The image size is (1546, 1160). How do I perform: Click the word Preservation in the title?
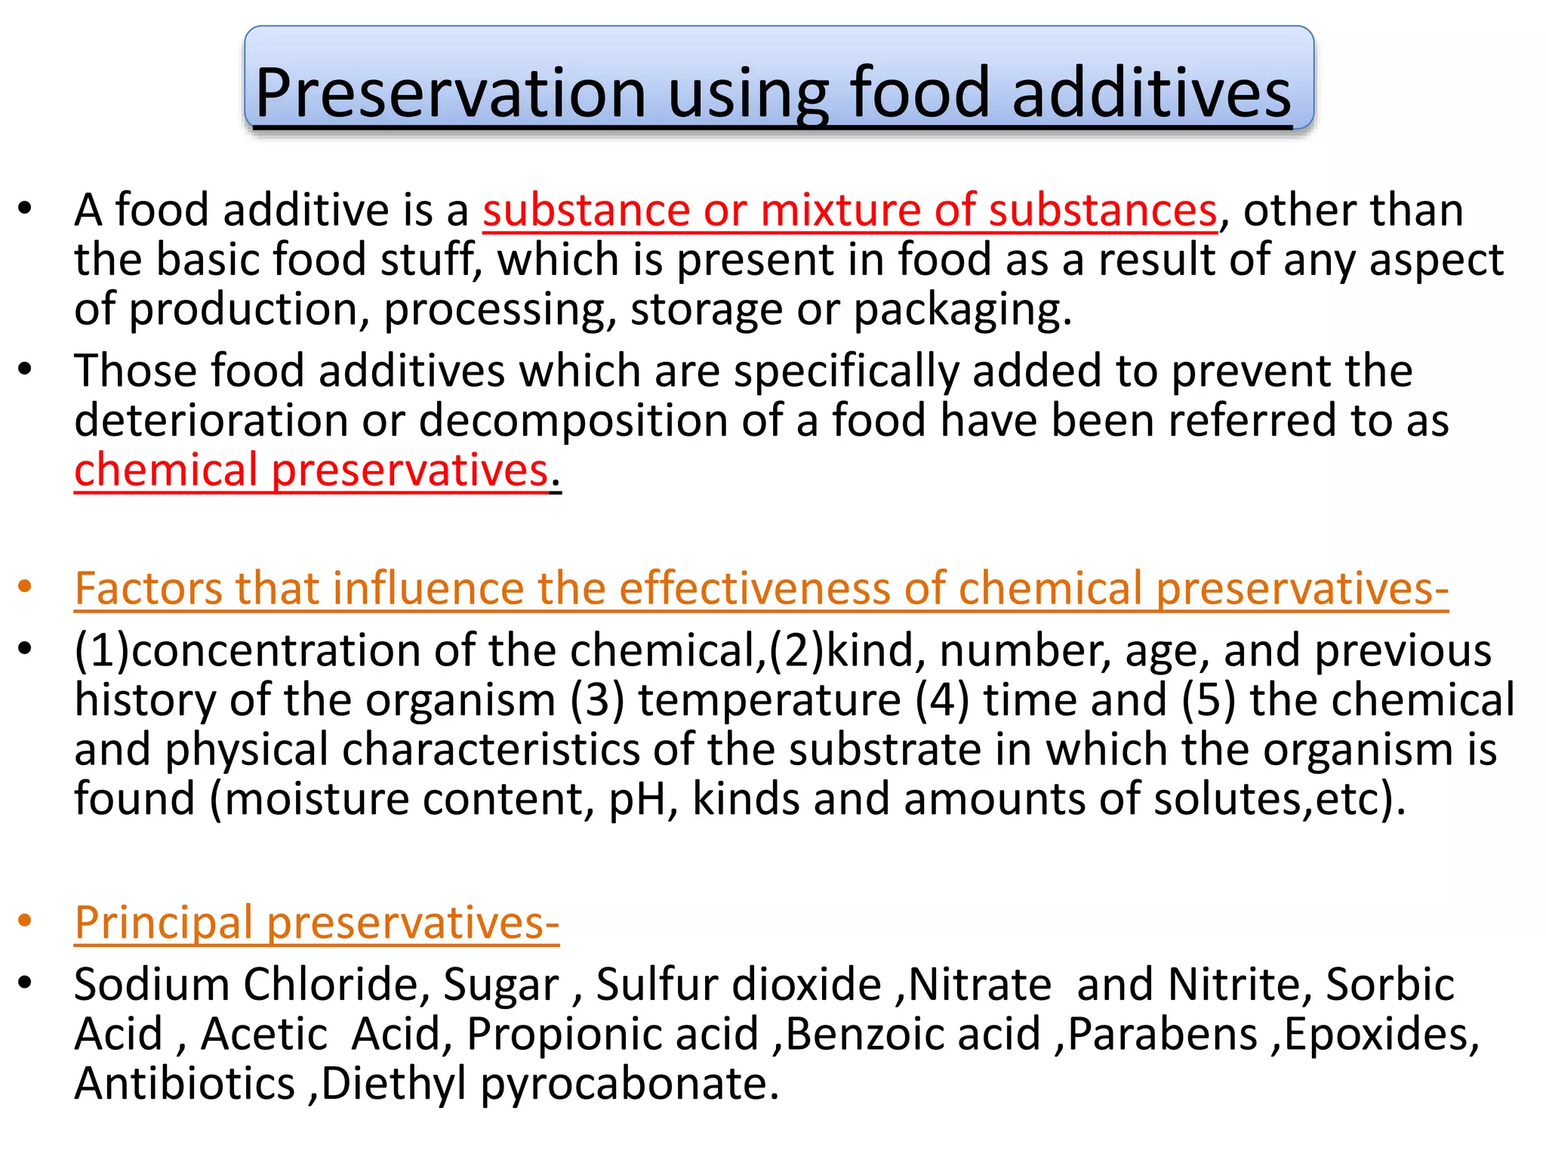point(450,94)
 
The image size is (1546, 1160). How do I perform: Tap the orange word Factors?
point(148,588)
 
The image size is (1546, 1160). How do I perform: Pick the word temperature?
point(770,700)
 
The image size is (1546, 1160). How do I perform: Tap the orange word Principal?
point(163,923)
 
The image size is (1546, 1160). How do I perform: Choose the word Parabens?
point(1163,1034)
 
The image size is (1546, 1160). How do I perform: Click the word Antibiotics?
point(184,1084)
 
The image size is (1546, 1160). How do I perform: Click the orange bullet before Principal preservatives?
point(25,921)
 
